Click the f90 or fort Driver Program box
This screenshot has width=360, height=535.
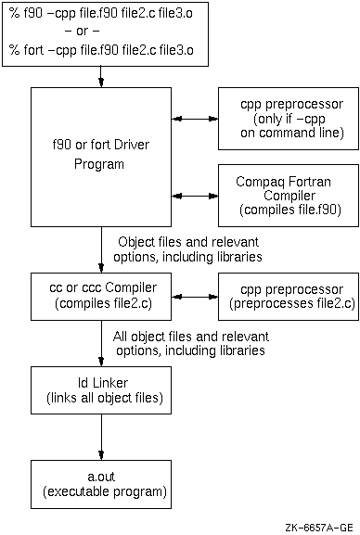pyautogui.click(x=101, y=158)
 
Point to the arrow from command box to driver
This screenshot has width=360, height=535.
pyautogui.click(x=101, y=79)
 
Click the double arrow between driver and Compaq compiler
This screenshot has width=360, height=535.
pyautogui.click(x=193, y=196)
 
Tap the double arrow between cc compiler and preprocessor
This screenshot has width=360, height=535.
pyautogui.click(x=193, y=298)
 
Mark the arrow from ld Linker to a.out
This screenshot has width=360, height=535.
pyautogui.click(x=101, y=437)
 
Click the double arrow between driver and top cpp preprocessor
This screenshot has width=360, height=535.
pyautogui.click(x=193, y=120)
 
